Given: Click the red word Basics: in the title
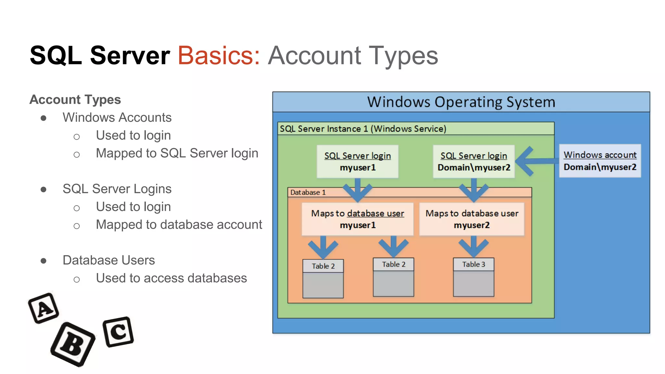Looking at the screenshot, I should (219, 56).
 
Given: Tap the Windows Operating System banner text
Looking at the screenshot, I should (461, 102).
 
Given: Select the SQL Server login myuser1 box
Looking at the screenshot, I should (358, 161).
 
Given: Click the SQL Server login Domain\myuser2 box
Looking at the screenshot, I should (474, 161).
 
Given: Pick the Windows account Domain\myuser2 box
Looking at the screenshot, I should (600, 161).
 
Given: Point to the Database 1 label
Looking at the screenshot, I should (308, 192).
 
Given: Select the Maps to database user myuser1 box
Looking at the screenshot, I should (358, 219).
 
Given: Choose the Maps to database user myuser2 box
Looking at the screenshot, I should (472, 219).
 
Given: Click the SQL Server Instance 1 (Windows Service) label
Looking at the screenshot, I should (363, 129).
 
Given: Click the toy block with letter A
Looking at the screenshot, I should (44, 308).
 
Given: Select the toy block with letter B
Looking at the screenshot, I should (73, 344).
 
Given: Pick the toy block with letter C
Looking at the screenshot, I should (118, 331).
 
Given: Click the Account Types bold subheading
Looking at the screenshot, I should (75, 100).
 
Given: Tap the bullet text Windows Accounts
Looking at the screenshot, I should (117, 118).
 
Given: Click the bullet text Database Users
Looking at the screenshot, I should (108, 260).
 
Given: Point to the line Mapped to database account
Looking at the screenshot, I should (179, 225).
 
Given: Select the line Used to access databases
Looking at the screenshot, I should (171, 278).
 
